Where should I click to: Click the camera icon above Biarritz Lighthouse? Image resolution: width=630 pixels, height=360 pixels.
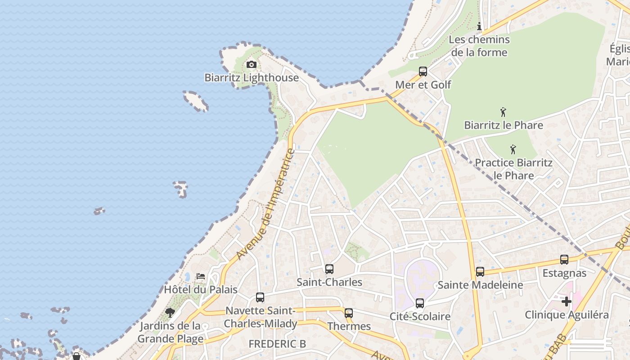pos(252,65)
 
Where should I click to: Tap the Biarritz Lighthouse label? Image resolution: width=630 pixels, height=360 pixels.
pos(252,77)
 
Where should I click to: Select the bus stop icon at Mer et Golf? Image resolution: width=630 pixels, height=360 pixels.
pos(423,72)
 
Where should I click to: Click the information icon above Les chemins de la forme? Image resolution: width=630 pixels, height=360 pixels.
pos(479,27)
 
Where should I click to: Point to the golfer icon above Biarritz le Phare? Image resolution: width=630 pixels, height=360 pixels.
pos(503,112)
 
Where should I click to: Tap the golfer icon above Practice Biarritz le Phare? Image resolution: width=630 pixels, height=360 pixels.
pos(513,149)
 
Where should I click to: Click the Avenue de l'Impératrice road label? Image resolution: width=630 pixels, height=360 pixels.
pos(266,204)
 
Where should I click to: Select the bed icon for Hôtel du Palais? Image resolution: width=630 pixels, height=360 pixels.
pos(201,276)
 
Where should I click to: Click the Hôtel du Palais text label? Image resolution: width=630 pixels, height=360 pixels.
pos(200,289)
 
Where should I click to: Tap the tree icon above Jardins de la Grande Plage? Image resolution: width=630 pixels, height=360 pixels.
pos(170,312)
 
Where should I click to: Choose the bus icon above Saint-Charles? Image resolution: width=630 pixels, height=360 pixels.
pos(329,269)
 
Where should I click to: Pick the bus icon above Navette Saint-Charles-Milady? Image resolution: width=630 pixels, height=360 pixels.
pos(260,297)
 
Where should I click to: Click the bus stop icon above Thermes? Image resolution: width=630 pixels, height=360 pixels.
pos(349,313)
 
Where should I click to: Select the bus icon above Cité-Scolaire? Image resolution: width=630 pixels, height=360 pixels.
pos(420,303)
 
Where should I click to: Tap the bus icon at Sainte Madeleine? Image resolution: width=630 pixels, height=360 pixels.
pos(480,272)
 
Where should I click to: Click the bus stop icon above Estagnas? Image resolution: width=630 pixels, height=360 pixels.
pos(564,260)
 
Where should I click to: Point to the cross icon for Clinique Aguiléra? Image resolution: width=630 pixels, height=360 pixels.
pos(566,301)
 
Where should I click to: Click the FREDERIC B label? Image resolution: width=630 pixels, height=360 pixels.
pos(277,344)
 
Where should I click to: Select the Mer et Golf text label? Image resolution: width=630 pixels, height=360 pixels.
pos(423,85)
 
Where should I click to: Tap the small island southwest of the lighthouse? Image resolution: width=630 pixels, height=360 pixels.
pos(196,100)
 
